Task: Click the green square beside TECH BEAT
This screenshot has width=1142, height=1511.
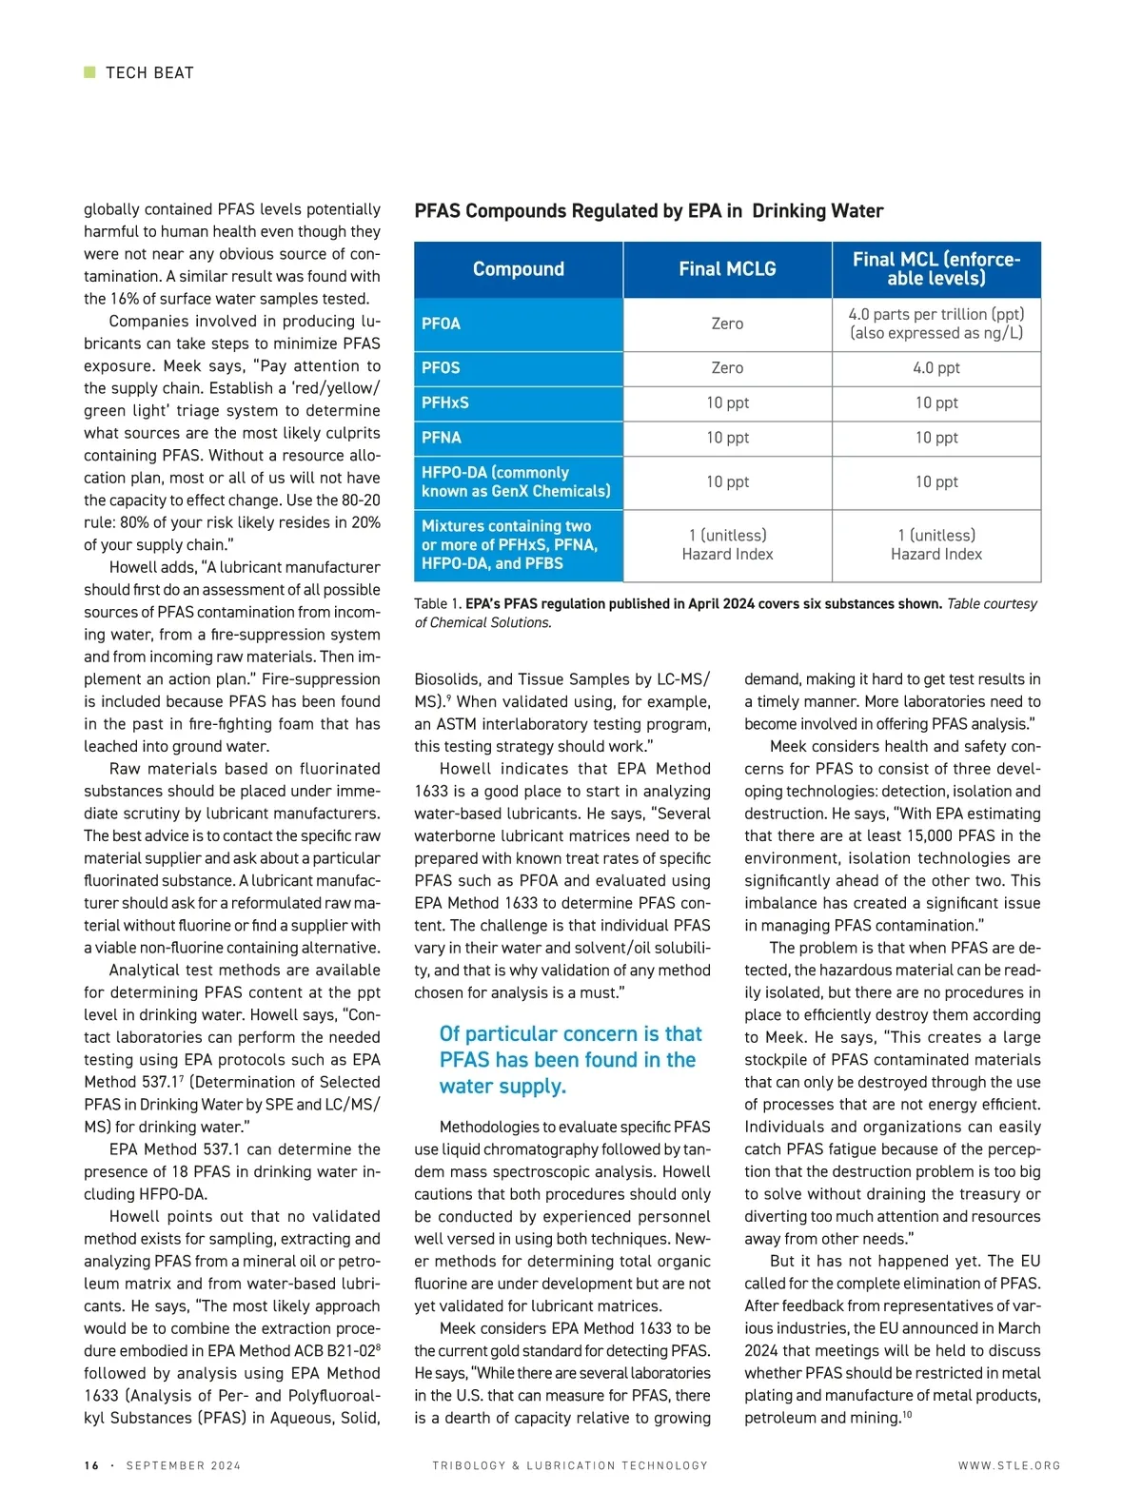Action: coord(89,72)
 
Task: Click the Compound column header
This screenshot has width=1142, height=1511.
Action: coord(519,269)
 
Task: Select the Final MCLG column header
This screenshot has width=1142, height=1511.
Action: coord(727,269)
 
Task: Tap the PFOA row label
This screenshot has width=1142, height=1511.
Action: coord(441,324)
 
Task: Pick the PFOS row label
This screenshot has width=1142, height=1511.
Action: coord(441,367)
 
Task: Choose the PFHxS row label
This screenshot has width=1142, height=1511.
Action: coord(445,402)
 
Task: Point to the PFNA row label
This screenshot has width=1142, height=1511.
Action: coord(442,438)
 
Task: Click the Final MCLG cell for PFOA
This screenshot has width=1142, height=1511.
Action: coord(727,324)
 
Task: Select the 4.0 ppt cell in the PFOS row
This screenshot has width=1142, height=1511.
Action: coord(936,368)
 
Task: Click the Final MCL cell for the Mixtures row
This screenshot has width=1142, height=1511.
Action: coord(936,545)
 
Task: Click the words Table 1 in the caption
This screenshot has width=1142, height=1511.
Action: coord(437,604)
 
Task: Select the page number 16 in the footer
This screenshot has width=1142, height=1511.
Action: coord(91,1465)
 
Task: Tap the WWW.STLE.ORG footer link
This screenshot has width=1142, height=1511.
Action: coord(1009,1465)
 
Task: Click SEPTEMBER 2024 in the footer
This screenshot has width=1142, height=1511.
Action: coord(184,1465)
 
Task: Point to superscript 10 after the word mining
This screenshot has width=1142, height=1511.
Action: coord(907,1415)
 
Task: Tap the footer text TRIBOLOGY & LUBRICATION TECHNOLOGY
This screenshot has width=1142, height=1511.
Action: coord(570,1465)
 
